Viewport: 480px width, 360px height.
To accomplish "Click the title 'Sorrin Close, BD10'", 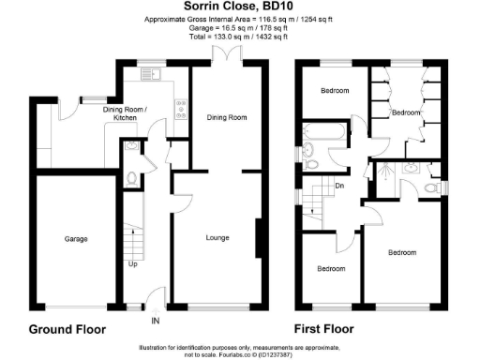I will (x=239, y=7).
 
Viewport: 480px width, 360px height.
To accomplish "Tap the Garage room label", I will (x=76, y=239).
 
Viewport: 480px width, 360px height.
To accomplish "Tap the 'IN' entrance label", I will (x=156, y=321).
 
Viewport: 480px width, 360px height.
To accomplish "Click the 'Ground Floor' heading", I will (x=67, y=330).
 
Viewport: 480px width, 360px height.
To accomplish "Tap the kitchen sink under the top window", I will (x=150, y=75).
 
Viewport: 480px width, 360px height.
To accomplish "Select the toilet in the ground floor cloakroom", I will (x=133, y=177).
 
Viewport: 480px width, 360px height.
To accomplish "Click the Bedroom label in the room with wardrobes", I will (x=405, y=112).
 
